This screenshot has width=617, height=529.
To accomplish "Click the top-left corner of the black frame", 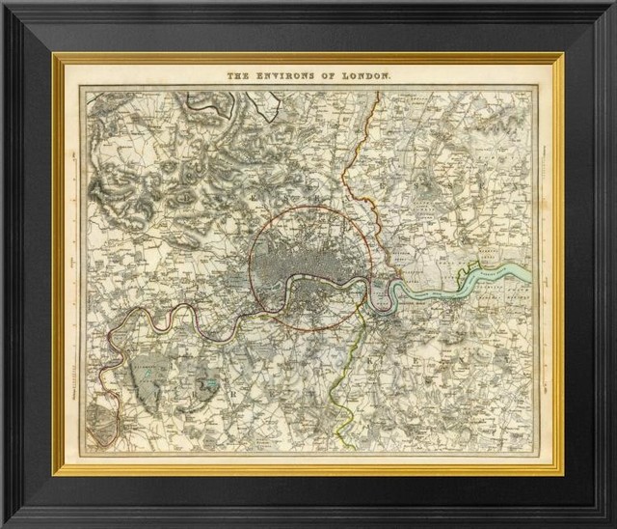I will pos(4,4).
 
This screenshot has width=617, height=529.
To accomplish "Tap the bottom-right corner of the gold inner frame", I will pos(562,472).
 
